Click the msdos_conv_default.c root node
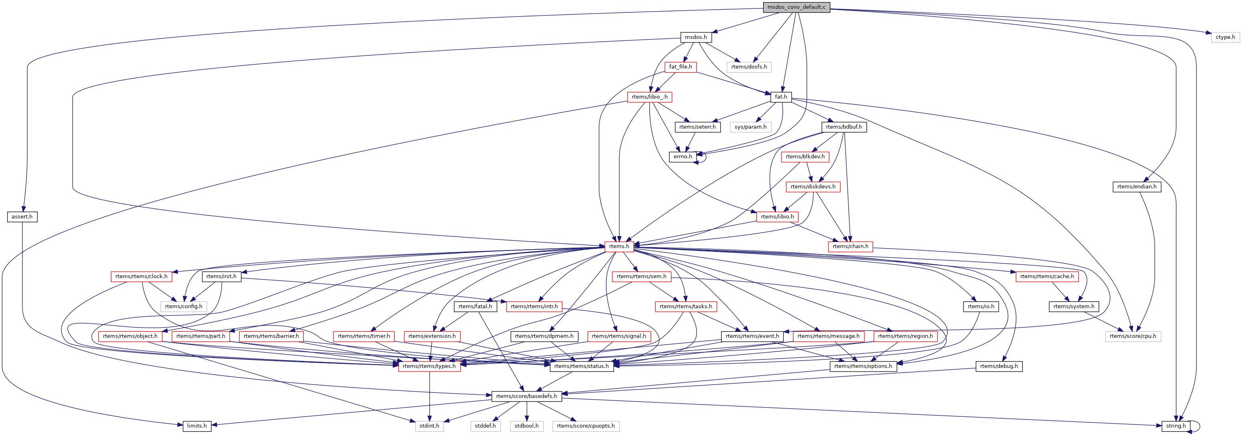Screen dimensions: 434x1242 (796, 7)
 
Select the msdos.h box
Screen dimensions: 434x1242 (696, 37)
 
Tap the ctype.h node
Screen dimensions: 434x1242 (1225, 37)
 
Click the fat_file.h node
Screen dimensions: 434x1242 (680, 67)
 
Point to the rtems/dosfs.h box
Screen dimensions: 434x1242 (749, 67)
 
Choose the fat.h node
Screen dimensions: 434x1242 (781, 97)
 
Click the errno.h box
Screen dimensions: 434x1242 (683, 157)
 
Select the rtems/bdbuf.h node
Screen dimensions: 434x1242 (844, 127)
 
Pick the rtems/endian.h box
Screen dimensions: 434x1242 (1137, 187)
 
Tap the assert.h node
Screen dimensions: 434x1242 (22, 216)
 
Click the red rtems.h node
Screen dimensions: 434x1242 (619, 246)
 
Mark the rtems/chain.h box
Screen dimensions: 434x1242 (850, 246)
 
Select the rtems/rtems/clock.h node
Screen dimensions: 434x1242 (141, 277)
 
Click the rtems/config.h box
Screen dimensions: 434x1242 (184, 306)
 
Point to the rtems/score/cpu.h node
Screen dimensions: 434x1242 (1133, 336)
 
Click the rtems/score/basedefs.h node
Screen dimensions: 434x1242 (527, 396)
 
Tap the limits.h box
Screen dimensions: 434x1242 (197, 426)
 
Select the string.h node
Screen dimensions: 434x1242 (1176, 426)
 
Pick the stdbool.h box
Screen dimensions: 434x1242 (527, 426)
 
